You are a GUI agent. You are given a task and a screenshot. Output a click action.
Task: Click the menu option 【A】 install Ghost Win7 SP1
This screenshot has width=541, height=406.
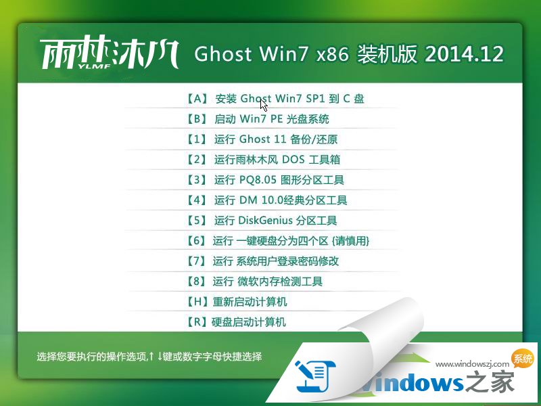275,99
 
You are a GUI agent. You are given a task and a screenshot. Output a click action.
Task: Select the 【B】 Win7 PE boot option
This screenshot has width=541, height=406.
258,119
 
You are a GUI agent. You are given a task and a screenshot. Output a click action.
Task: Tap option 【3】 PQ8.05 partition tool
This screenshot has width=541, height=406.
264,180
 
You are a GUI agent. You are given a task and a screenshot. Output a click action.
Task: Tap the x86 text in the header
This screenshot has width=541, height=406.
332,54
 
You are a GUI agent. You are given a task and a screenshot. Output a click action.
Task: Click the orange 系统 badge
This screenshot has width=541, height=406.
523,359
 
